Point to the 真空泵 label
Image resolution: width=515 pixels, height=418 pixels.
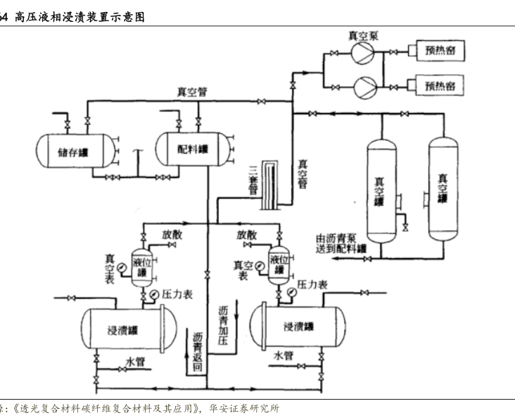(362, 35)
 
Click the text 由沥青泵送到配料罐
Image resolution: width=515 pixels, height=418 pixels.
(341, 244)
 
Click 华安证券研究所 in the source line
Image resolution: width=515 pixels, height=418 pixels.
(243, 408)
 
